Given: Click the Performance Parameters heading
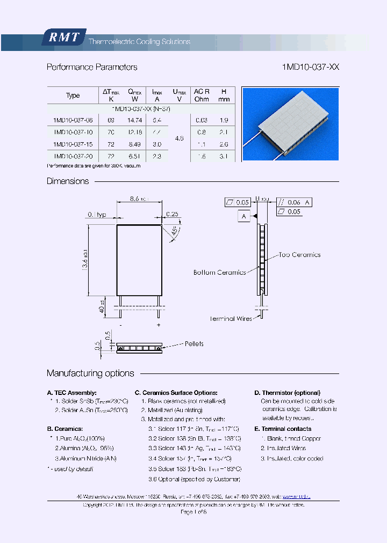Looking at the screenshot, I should (92, 67).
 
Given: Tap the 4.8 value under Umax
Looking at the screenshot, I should (180, 138).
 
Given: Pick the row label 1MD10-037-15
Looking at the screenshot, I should (74, 144).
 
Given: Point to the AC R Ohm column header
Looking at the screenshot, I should (202, 95).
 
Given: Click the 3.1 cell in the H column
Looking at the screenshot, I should (224, 156).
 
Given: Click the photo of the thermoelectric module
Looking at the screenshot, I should (290, 124).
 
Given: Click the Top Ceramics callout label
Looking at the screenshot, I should (299, 255).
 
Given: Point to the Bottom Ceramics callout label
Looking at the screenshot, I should (219, 273).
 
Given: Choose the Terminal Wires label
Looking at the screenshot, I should (230, 319).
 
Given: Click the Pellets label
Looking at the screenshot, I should (194, 343).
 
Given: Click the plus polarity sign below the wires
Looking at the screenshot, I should (159, 325).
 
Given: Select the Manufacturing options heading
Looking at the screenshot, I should (90, 373).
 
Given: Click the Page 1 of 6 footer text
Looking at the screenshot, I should (193, 512).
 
